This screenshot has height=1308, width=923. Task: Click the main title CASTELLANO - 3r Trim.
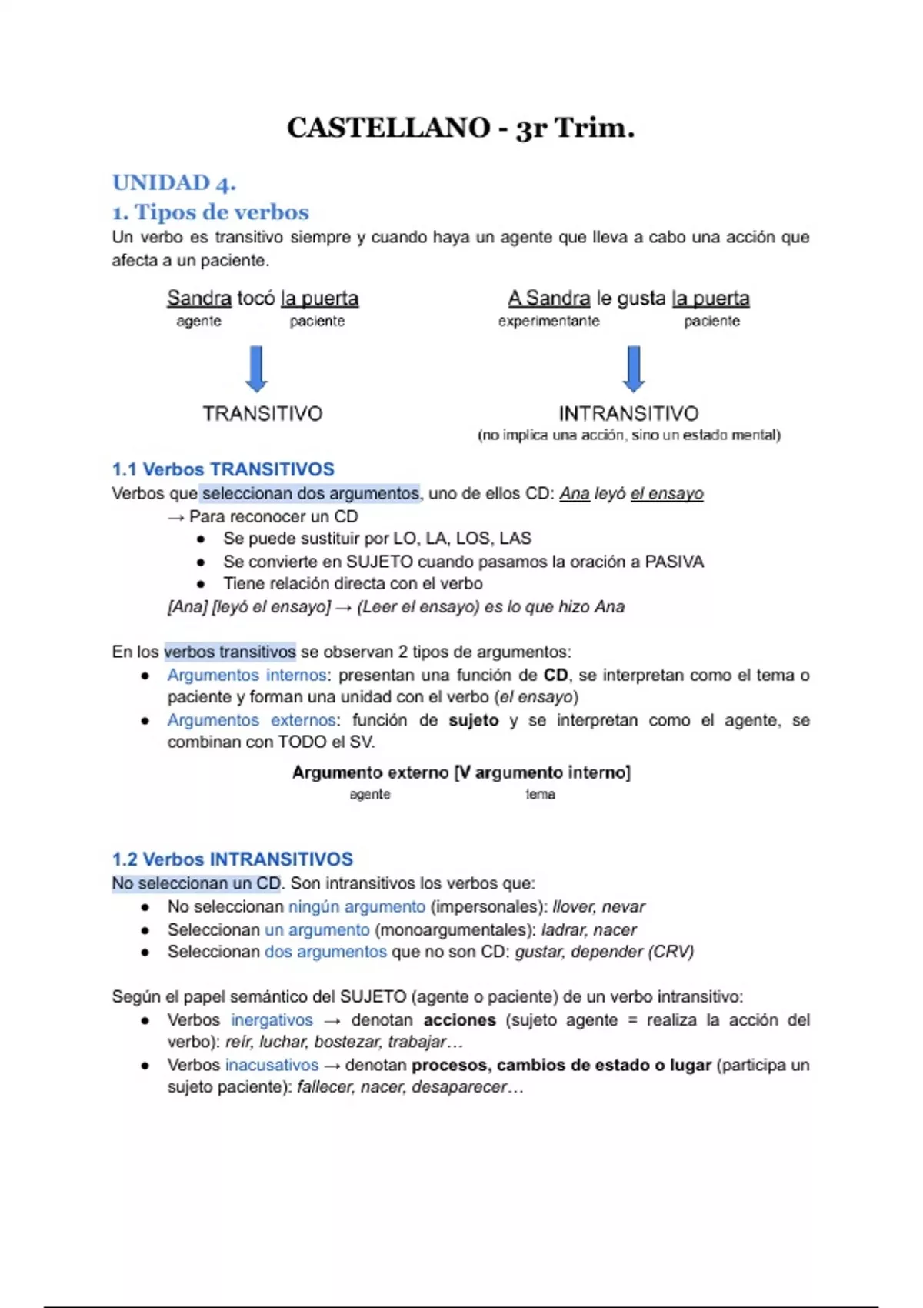460,128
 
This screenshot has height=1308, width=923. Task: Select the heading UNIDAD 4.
174,183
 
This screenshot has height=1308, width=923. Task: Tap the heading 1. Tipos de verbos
210,212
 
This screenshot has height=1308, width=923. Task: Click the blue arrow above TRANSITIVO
256,369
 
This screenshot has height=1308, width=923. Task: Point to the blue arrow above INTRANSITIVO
633,369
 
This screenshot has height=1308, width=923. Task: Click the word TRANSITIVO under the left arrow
262,414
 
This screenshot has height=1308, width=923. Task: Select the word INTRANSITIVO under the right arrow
628,414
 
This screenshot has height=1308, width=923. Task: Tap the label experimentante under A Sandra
548,322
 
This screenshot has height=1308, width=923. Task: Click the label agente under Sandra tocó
198,322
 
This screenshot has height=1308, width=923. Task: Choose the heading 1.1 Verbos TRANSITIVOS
223,469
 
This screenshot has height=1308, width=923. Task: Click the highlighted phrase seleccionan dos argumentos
310,493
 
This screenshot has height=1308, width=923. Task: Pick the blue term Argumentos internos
247,675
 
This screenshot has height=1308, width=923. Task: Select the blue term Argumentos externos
251,720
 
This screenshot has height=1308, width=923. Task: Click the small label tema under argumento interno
540,794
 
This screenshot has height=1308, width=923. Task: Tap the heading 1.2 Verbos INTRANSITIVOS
232,859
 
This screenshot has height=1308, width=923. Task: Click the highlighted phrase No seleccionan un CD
196,883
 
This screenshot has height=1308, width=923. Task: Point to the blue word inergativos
272,1020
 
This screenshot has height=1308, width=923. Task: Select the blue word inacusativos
272,1065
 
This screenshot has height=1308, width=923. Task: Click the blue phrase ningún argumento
356,906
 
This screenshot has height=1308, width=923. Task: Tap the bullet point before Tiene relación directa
201,584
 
